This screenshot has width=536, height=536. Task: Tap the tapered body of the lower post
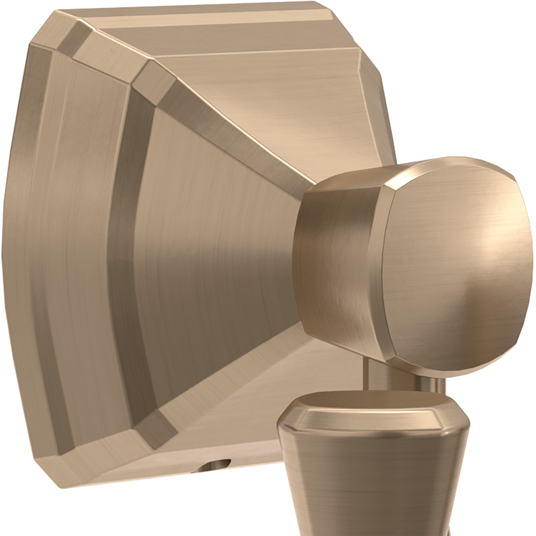pos(376,479)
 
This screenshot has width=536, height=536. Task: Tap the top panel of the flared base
pos(255,70)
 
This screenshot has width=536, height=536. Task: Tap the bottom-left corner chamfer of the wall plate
pos(57,440)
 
